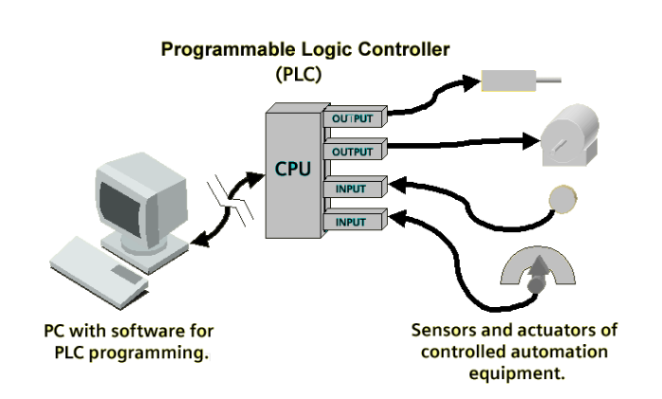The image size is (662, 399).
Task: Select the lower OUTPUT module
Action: pyautogui.click(x=355, y=150)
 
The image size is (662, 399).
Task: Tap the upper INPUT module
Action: pyautogui.click(x=355, y=187)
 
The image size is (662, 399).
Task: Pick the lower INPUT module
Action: pyautogui.click(x=355, y=220)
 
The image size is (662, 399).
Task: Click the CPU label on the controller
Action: pyautogui.click(x=292, y=169)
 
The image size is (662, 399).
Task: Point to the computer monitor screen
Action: pyautogui.click(x=120, y=204)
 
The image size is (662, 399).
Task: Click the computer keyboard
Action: pyautogui.click(x=99, y=272)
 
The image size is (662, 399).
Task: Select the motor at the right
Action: pyautogui.click(x=570, y=135)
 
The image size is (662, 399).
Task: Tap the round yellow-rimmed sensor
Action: pyautogui.click(x=562, y=199)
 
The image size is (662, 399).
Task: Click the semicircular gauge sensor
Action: pyautogui.click(x=538, y=270)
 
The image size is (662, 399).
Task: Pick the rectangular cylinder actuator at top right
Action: pyautogui.click(x=521, y=81)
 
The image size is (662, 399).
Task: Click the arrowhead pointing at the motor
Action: pyautogui.click(x=531, y=141)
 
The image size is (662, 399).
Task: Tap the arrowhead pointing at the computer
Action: pyautogui.click(x=199, y=240)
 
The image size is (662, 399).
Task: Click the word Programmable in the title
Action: pyautogui.click(x=227, y=50)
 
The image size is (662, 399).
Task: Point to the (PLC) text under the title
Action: pyautogui.click(x=299, y=74)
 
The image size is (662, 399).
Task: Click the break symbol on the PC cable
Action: pyautogui.click(x=230, y=198)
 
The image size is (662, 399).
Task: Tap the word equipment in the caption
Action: pyautogui.click(x=517, y=373)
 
